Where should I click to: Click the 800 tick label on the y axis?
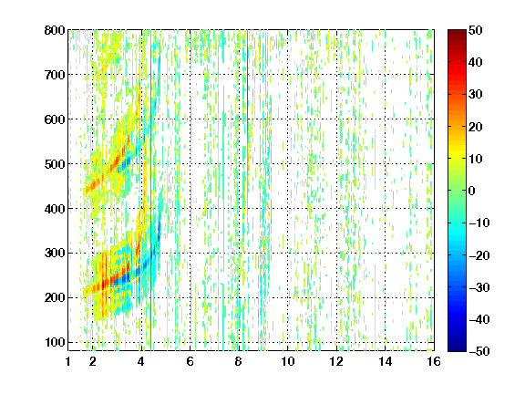(x=55, y=30)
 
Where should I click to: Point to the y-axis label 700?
(x=55, y=75)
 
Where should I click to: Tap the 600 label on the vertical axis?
(x=55, y=119)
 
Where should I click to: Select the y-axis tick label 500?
(x=55, y=164)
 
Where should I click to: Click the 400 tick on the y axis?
(x=55, y=208)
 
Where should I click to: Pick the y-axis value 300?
(x=55, y=253)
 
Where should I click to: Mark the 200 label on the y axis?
(x=55, y=297)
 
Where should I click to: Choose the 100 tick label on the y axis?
(x=55, y=342)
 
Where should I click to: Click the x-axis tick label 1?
(x=68, y=361)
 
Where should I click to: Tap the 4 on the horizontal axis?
(x=141, y=361)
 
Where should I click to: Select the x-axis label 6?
(x=190, y=361)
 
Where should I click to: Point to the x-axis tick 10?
(x=288, y=361)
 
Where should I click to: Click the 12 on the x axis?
(x=336, y=361)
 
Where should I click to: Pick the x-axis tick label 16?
(x=434, y=361)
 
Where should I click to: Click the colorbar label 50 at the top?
(x=475, y=30)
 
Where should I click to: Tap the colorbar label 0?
(x=471, y=191)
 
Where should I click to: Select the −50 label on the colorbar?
(x=479, y=351)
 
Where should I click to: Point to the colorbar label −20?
(x=479, y=255)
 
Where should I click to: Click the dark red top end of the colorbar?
(x=457, y=33)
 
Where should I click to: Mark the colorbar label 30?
(x=475, y=95)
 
